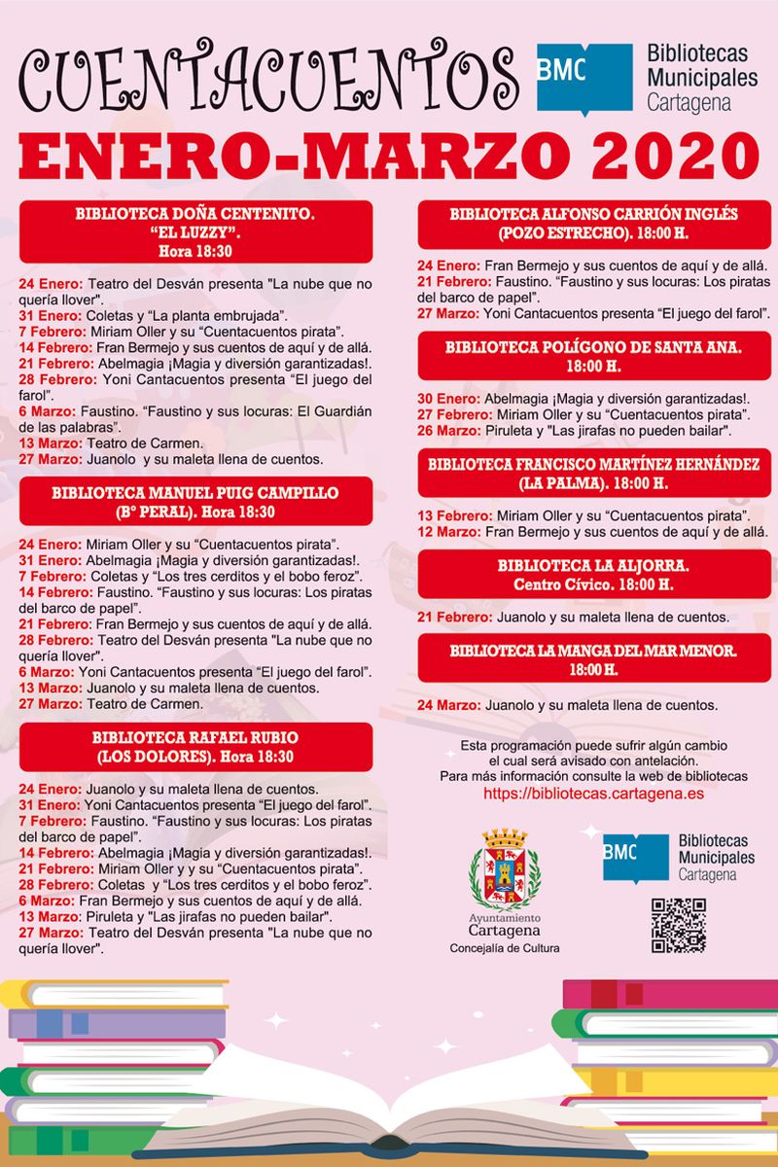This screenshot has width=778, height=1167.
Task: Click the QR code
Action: point(678,926)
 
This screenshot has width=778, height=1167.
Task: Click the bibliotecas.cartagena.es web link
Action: point(594,794)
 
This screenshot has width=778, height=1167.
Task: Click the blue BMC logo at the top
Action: point(583,79)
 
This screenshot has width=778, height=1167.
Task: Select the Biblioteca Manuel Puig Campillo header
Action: point(196,502)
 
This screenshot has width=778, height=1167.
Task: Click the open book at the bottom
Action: point(389,1099)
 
